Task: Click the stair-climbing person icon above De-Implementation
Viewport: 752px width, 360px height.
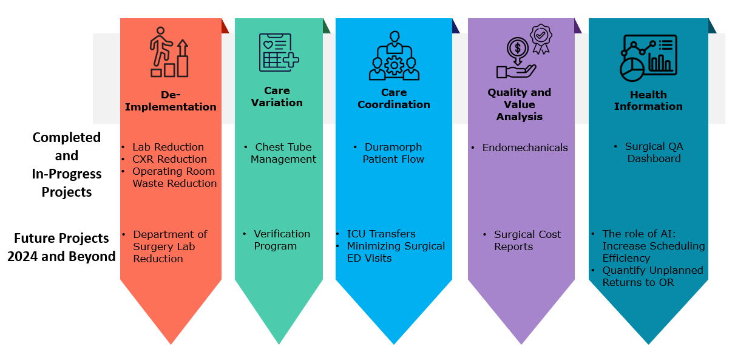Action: point(169,52)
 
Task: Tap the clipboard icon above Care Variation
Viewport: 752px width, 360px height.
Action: point(279,52)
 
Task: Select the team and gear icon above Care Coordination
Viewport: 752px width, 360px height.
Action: point(394,56)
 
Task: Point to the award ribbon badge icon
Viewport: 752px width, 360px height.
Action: point(540,38)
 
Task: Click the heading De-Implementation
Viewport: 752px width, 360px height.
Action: point(171,101)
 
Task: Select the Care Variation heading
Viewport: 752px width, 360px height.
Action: point(277,97)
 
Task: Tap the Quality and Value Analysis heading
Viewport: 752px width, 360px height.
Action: point(520,104)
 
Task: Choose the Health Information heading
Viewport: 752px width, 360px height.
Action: point(648,100)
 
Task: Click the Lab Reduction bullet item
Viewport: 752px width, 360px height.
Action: point(168,147)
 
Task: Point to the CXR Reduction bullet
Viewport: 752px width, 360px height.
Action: point(169,159)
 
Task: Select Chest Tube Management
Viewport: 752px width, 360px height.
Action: point(283,153)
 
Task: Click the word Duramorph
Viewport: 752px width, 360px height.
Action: point(393,147)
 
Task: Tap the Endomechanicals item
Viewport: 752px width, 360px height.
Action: point(525,148)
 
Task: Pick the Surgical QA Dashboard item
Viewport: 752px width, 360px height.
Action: point(654,152)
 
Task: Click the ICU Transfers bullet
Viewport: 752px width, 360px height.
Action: point(381,234)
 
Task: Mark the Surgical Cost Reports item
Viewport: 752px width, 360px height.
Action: point(527,240)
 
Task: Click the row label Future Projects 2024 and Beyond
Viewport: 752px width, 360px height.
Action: point(62,247)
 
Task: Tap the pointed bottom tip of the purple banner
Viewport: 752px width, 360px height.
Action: point(521,342)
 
